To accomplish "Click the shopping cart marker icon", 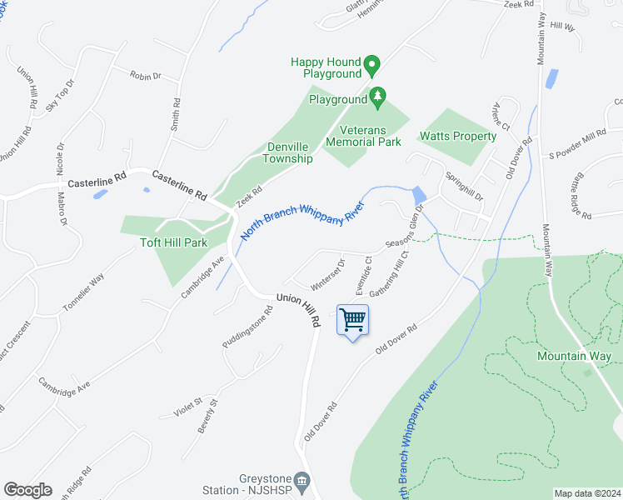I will (x=353, y=319).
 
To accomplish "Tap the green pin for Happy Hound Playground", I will (x=372, y=63).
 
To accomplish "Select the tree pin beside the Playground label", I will (x=378, y=97).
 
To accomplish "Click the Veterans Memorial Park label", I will (x=363, y=136).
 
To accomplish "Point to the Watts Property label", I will (x=458, y=136).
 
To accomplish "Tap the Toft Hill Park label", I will (x=173, y=243).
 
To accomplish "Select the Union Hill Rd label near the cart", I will (x=298, y=309).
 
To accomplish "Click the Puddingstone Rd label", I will (x=247, y=327).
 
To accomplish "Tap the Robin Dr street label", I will (x=145, y=76).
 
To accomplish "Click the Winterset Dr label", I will (x=327, y=269).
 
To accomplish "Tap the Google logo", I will (x=27, y=490).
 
